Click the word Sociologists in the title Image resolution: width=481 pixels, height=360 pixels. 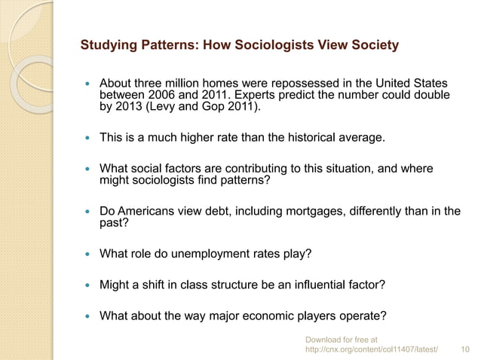[259, 46]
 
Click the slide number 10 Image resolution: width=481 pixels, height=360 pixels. [464, 350]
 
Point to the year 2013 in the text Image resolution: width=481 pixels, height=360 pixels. [131, 108]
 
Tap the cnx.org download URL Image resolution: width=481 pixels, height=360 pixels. [370, 350]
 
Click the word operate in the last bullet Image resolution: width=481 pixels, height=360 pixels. [360, 315]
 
